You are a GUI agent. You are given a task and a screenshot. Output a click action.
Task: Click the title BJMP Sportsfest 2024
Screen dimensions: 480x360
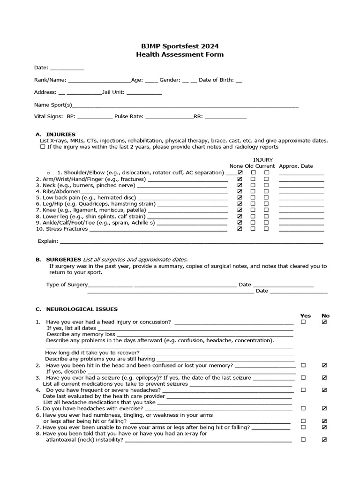[180, 46]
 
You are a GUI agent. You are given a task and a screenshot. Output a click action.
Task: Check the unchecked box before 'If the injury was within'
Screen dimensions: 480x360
[43, 147]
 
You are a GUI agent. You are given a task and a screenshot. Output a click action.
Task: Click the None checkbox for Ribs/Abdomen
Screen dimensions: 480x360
[240, 191]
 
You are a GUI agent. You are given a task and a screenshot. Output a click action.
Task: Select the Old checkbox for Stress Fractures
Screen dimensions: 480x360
[253, 229]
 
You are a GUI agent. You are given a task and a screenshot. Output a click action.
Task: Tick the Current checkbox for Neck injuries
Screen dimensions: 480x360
[266, 185]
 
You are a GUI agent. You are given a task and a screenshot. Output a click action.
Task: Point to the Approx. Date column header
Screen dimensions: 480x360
[296, 166]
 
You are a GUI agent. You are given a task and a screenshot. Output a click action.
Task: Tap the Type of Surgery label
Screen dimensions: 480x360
[67, 285]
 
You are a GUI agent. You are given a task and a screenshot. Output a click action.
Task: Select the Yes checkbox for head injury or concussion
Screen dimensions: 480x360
[303, 322]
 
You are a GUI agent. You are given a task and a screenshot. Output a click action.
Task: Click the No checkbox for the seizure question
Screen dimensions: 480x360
[324, 377]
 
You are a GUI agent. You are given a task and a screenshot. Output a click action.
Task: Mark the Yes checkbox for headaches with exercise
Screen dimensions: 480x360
[303, 408]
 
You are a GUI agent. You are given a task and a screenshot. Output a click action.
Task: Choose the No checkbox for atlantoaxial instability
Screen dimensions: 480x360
[324, 440]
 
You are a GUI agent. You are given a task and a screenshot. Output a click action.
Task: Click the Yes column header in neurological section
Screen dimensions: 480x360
[305, 315]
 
